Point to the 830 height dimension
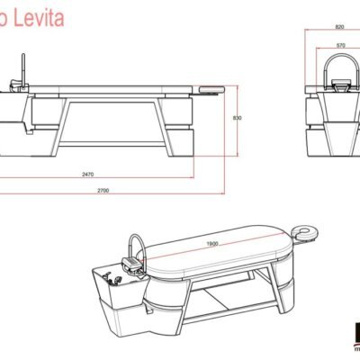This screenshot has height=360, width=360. click(x=237, y=118)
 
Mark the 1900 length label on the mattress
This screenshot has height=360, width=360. click(x=213, y=243)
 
